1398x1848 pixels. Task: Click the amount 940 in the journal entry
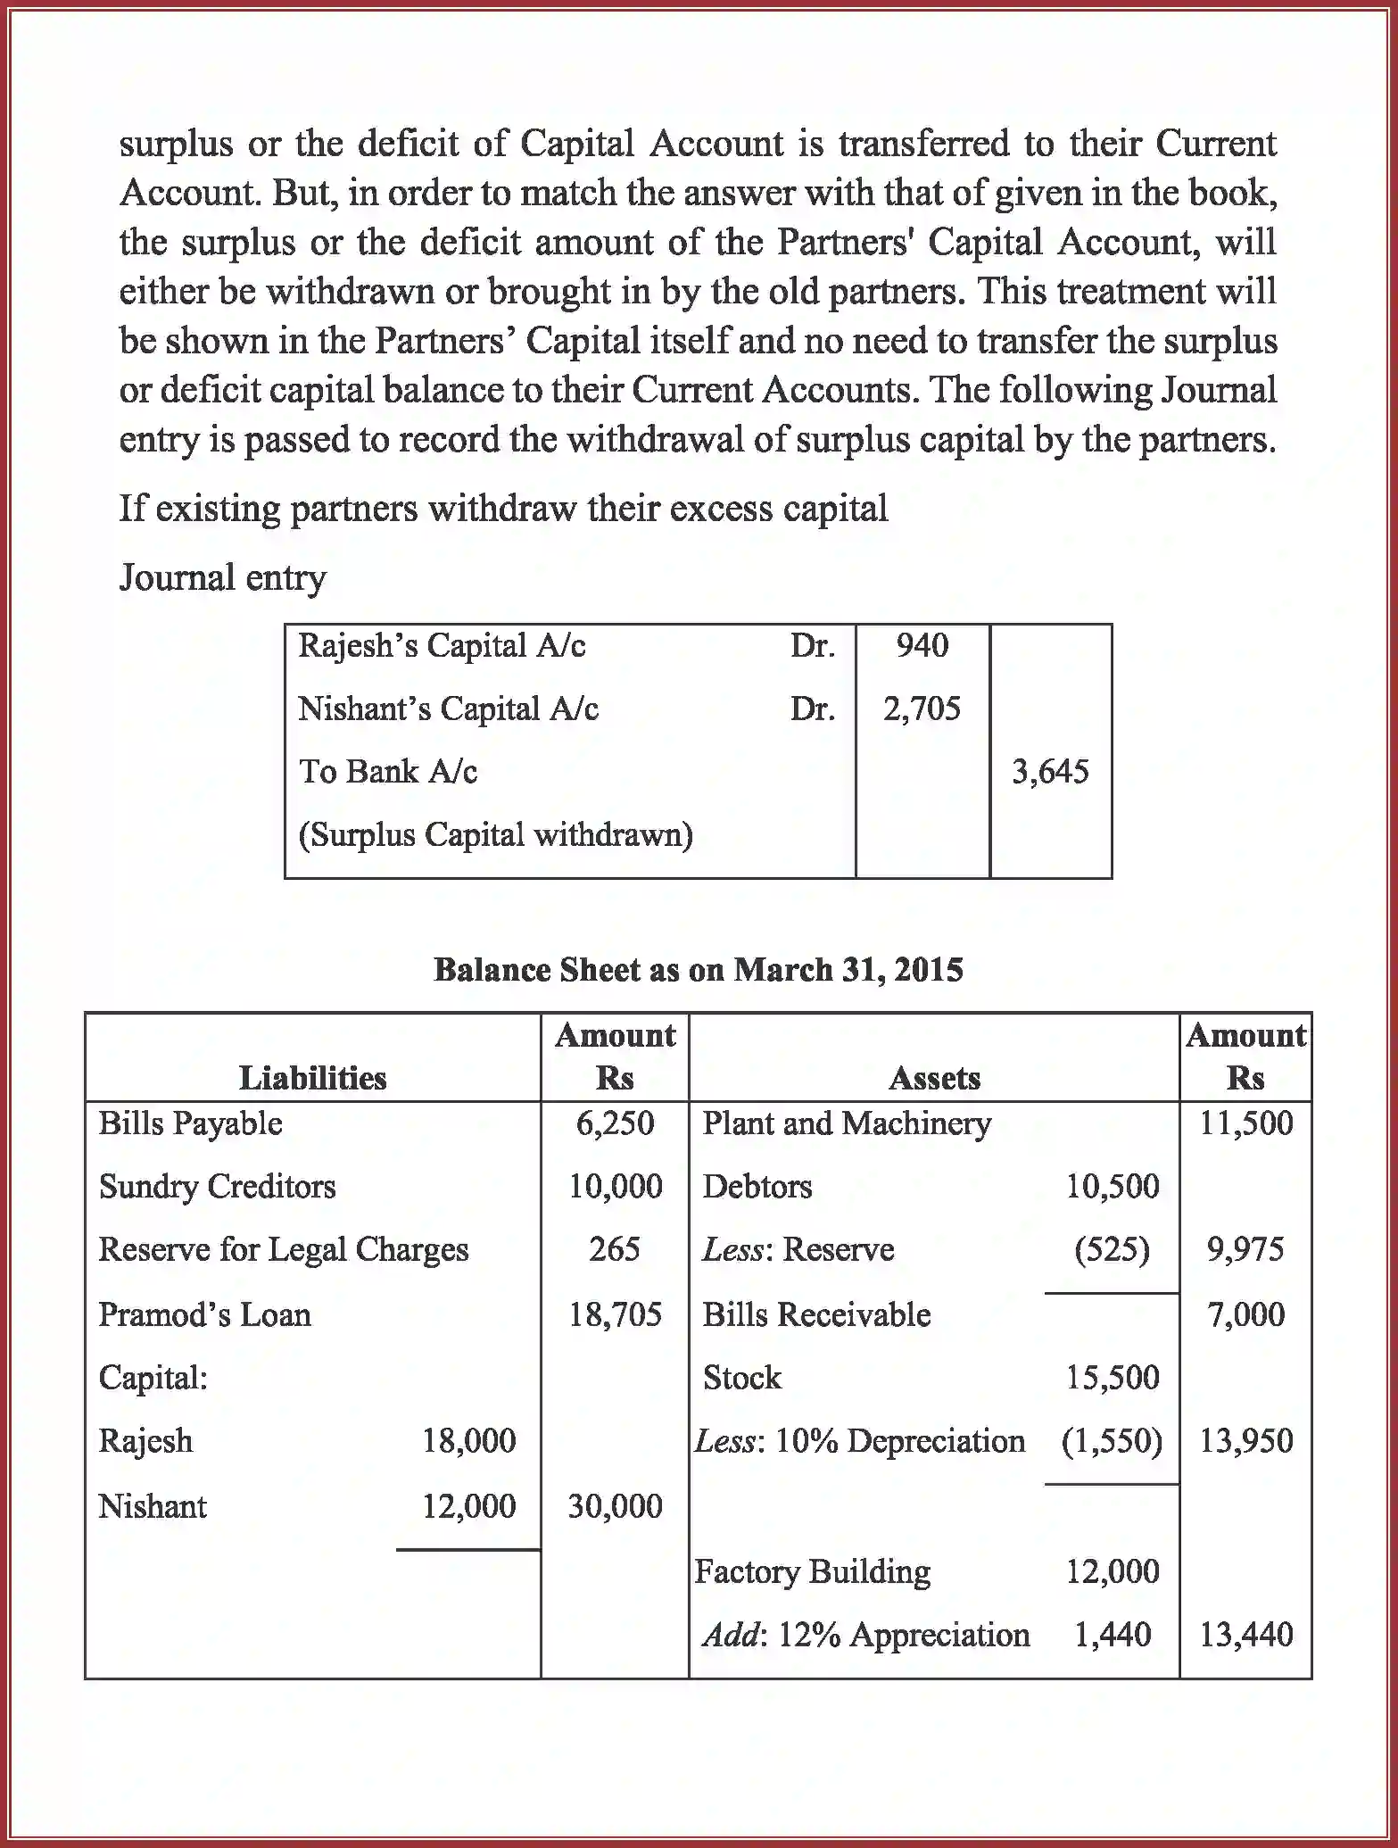coord(922,645)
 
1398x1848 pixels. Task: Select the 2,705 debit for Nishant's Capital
coord(922,709)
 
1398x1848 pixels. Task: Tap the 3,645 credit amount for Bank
coord(1050,771)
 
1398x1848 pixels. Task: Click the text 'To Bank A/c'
coord(388,771)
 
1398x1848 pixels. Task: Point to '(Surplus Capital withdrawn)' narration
coord(495,834)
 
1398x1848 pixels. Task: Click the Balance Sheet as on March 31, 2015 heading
coord(698,969)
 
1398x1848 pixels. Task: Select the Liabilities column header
coord(312,1078)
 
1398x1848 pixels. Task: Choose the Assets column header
coord(934,1078)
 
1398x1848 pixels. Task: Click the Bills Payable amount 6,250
coord(615,1123)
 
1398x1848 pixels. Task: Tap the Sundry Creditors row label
coord(217,1186)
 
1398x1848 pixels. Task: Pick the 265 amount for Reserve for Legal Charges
coord(615,1248)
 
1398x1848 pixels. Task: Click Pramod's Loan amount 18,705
coord(615,1314)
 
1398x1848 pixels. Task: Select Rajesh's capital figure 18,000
coord(468,1440)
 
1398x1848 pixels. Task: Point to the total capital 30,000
coord(615,1506)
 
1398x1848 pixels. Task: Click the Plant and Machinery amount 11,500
coord(1245,1123)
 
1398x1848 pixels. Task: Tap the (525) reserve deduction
coord(1112,1248)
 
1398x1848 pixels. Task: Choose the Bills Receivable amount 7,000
coord(1245,1314)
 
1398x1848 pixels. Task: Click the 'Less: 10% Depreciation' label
coord(860,1440)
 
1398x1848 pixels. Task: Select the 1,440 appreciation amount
coord(1112,1634)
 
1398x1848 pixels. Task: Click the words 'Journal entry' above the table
coord(223,577)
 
